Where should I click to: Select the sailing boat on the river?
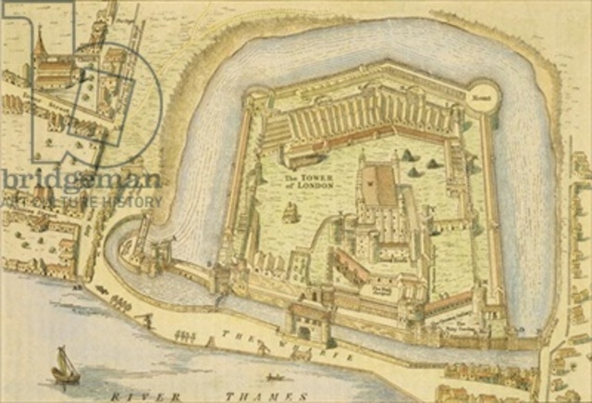click(64, 364)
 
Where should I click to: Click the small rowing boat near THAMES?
click(274, 378)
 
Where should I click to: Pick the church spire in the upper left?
click(39, 42)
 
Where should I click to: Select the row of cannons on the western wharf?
click(120, 301)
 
